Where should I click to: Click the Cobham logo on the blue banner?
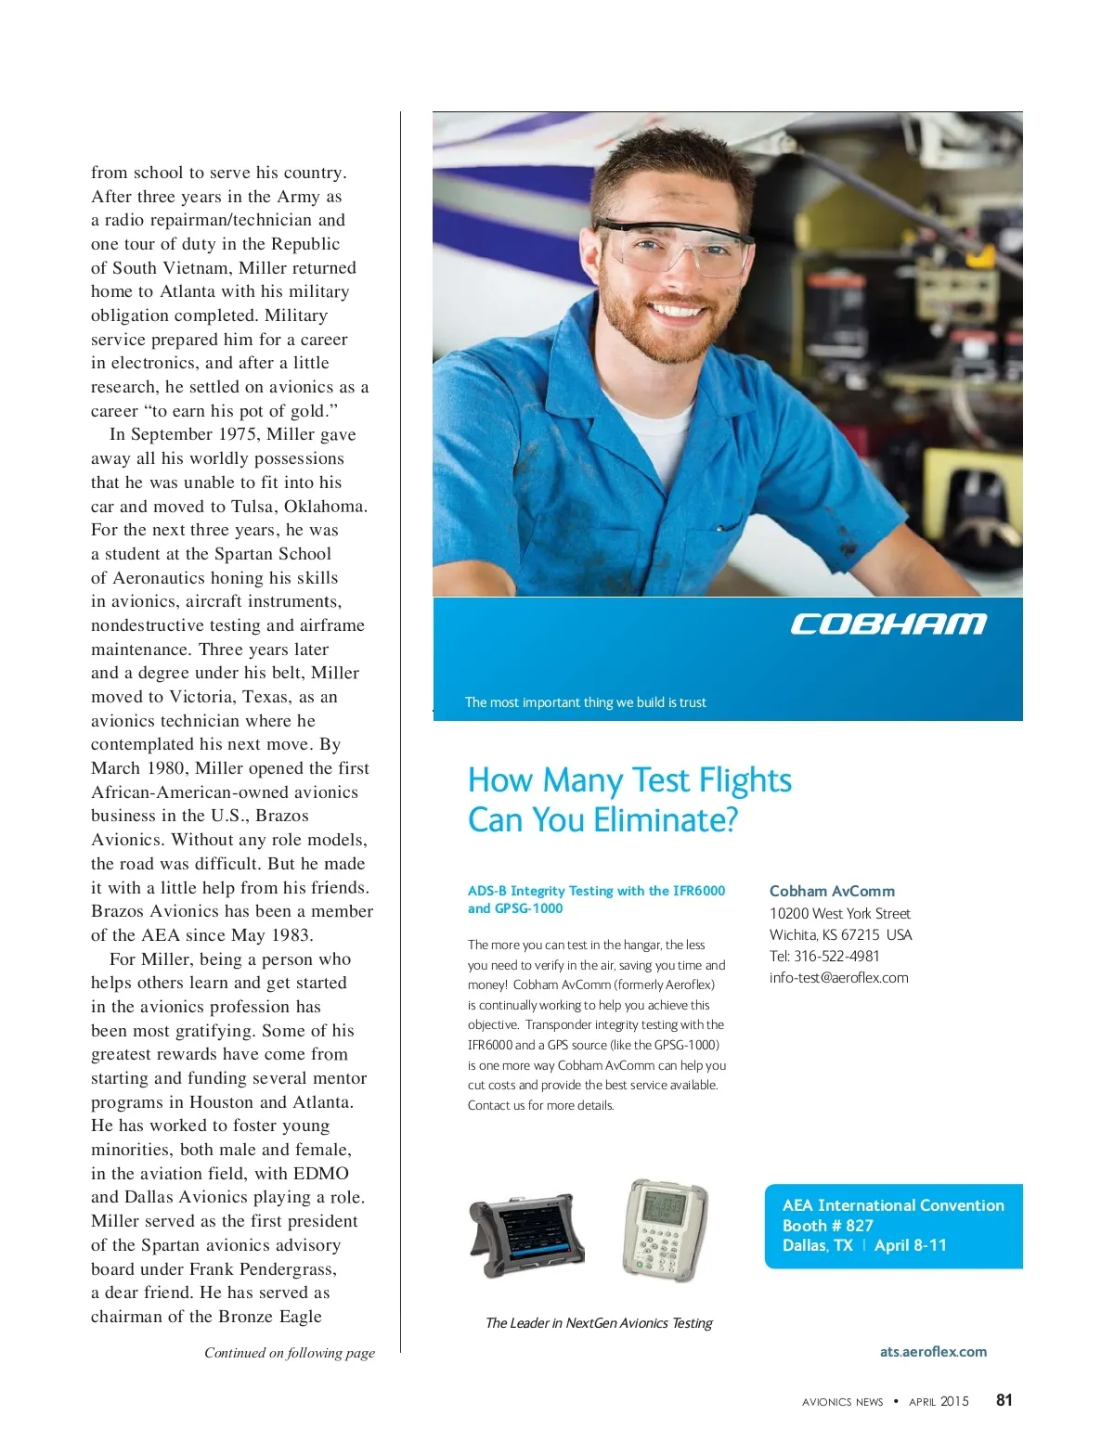[x=887, y=624]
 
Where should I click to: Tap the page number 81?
[x=1004, y=1400]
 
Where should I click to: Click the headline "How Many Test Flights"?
[x=629, y=780]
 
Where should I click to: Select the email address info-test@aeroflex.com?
[x=838, y=977]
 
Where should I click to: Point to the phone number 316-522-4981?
[x=836, y=956]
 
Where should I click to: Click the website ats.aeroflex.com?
[x=933, y=1351]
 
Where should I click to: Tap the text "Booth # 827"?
[x=827, y=1225]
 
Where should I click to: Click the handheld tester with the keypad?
[x=664, y=1229]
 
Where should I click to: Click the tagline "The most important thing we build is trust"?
[x=585, y=702]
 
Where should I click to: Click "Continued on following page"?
[x=290, y=1353]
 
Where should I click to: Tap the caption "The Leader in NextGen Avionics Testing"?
[x=599, y=1323]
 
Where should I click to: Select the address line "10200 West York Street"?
[x=839, y=913]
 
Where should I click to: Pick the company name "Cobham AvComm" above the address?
[x=832, y=891]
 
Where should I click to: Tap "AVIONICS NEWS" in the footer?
[x=842, y=1402]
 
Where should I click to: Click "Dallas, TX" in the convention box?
[x=817, y=1245]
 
